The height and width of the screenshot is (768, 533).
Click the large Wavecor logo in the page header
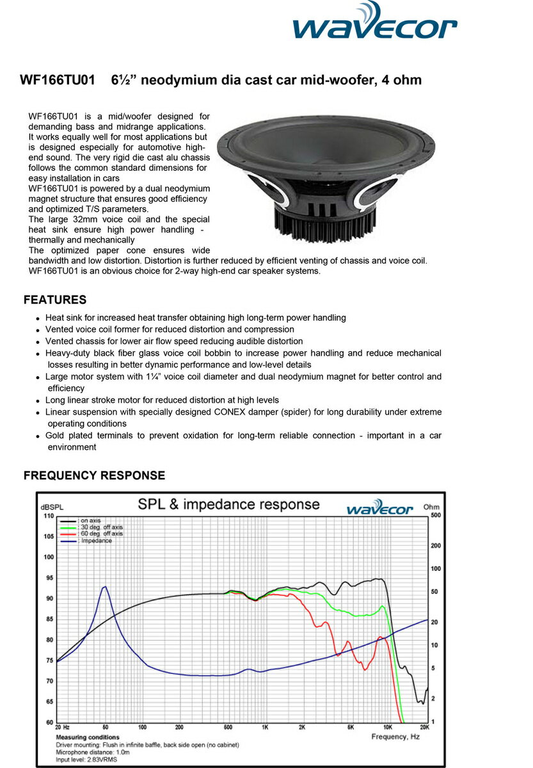click(x=374, y=24)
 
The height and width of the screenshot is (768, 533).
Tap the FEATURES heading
click(x=55, y=300)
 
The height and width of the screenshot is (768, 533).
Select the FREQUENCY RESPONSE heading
click(x=94, y=476)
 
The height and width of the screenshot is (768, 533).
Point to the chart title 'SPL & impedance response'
click(x=229, y=504)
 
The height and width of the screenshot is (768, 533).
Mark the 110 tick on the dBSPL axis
click(x=49, y=516)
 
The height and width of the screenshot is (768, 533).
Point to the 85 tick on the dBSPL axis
click(x=49, y=619)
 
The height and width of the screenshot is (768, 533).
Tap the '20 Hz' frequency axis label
click(x=62, y=728)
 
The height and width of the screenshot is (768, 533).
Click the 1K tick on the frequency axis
click(x=264, y=728)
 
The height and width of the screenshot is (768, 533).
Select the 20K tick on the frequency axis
click(x=424, y=728)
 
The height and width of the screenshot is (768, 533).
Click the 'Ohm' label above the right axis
click(x=433, y=506)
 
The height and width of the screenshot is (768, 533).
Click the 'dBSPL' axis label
click(x=49, y=506)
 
